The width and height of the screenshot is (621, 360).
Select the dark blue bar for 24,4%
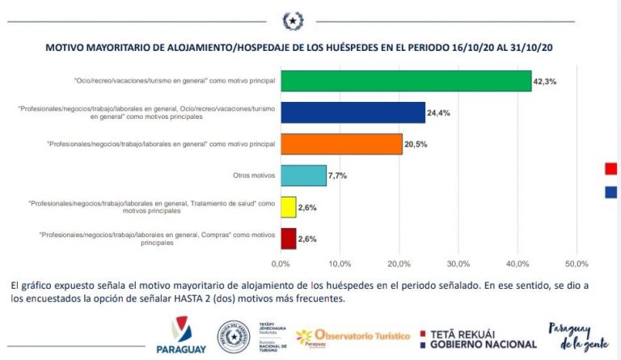coord(353,112)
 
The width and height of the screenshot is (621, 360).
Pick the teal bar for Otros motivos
coord(303,176)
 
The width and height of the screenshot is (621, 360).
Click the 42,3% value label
coord(543,82)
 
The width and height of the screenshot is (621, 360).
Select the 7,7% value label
coord(338,176)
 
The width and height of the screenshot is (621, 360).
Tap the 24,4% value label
coord(437,112)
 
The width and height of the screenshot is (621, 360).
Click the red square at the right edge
coord(611,168)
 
